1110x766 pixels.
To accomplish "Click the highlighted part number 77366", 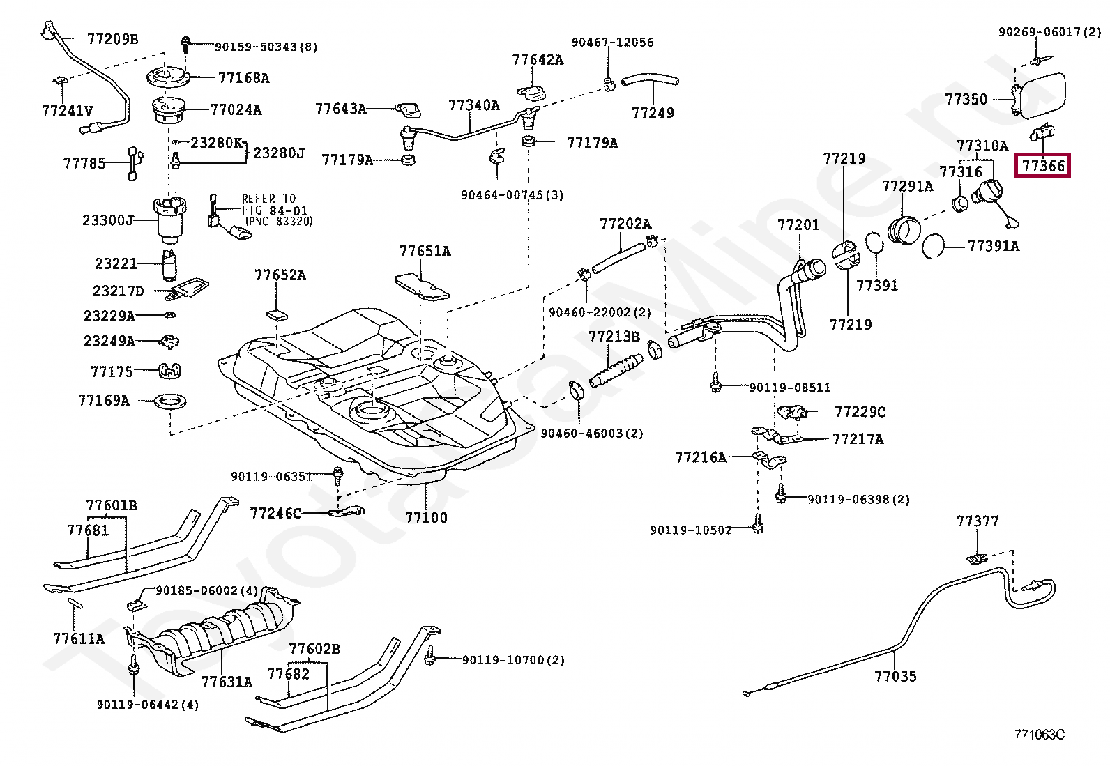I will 1043,166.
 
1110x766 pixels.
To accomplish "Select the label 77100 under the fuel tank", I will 426,518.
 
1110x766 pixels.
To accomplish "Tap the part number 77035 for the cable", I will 895,675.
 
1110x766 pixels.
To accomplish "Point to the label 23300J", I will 108,220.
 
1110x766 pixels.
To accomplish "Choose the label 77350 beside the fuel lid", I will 966,99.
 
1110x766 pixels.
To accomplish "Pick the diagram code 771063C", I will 1039,735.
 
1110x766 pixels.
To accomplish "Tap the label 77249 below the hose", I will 653,113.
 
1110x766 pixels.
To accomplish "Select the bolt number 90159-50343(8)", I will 266,47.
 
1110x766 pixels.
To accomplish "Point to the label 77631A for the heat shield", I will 227,681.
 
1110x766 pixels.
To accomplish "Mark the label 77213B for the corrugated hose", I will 614,337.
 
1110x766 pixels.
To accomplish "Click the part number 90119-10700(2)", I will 513,659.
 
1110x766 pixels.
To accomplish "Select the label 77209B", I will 112,38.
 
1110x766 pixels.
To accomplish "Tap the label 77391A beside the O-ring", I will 993,246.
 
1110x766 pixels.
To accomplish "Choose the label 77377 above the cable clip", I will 977,521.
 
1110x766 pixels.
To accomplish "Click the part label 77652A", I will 280,275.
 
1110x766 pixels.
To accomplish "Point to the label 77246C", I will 275,514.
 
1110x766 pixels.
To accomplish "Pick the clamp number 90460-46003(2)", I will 592,433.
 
